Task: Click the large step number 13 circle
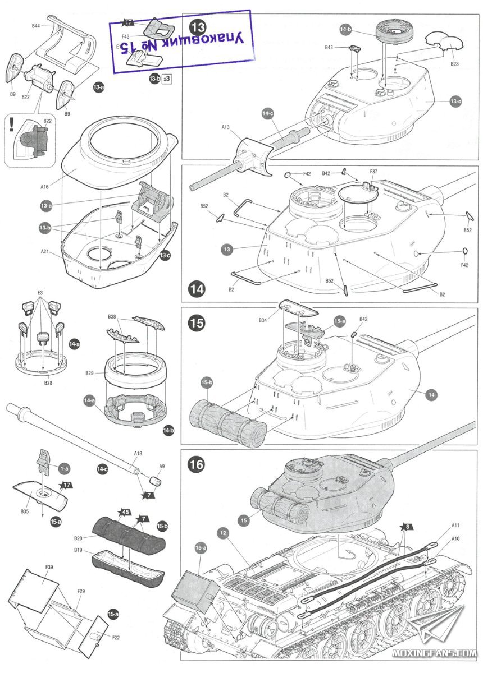click(198, 26)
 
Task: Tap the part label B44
click(36, 26)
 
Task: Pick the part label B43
click(329, 48)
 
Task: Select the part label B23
click(454, 64)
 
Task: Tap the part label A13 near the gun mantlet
click(225, 127)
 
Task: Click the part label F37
click(373, 171)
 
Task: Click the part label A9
click(162, 466)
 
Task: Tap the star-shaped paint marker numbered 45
click(125, 511)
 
